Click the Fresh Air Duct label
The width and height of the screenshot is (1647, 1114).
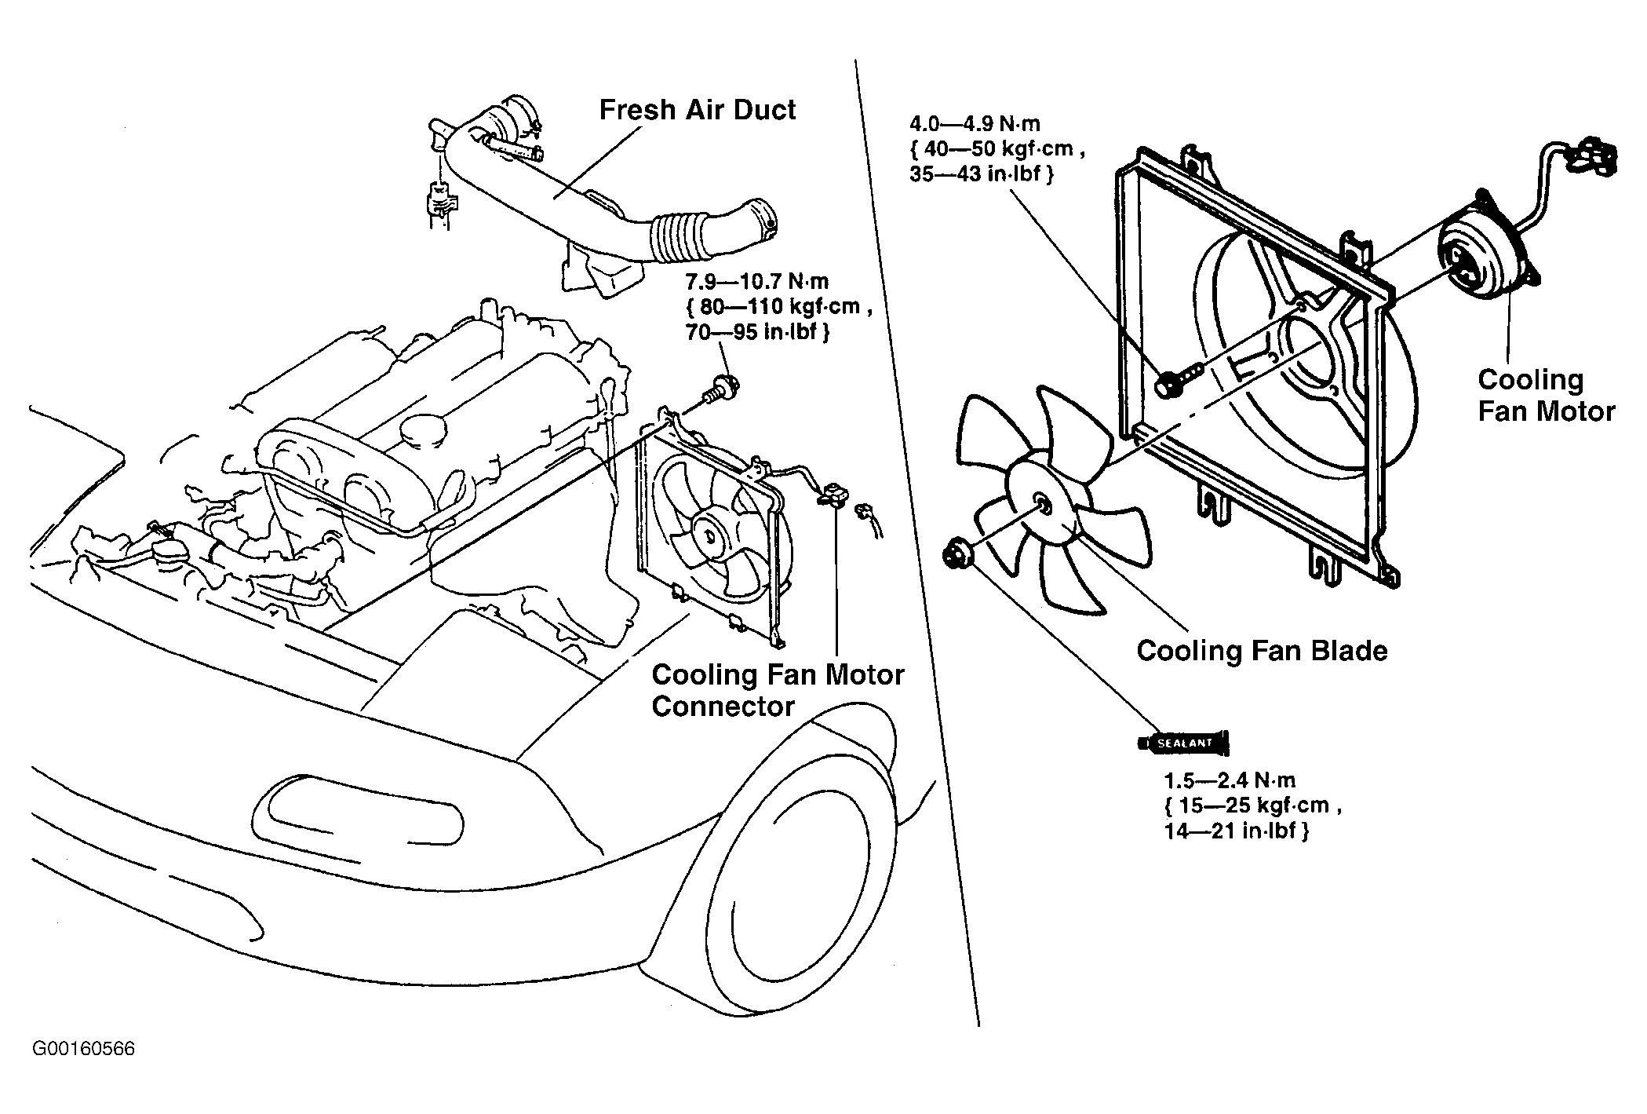[x=697, y=111]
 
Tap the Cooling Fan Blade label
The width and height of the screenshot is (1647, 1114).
[x=1262, y=651]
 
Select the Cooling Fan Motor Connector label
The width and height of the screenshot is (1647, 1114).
[x=778, y=691]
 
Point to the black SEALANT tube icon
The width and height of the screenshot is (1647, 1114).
[x=1184, y=742]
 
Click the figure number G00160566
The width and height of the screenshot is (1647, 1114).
[x=84, y=1049]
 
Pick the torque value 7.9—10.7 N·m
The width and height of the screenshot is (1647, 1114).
[x=757, y=281]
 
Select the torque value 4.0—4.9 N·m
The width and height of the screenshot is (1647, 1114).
[x=975, y=124]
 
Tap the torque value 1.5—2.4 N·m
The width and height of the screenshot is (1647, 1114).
[x=1230, y=780]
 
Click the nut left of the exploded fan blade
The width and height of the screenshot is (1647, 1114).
[x=959, y=554]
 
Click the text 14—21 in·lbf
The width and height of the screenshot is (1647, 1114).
[x=1236, y=831]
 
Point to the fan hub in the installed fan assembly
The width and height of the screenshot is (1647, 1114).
[x=710, y=534]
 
